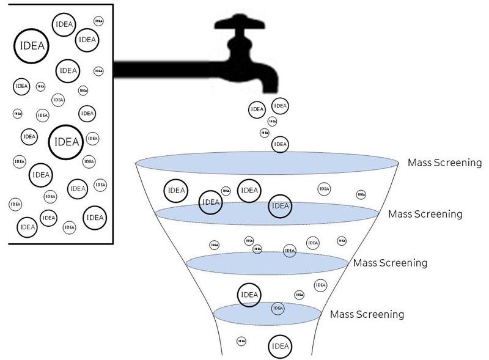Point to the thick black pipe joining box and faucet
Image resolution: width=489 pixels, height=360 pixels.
pyautogui.click(x=165, y=70)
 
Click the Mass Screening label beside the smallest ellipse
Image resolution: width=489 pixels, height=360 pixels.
pyautogui.click(x=367, y=315)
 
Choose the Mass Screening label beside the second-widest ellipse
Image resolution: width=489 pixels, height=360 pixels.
pyautogui.click(x=425, y=215)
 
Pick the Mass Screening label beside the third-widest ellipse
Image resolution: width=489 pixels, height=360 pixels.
pyautogui.click(x=389, y=263)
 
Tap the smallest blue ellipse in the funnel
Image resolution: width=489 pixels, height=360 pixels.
pyautogui.click(x=268, y=313)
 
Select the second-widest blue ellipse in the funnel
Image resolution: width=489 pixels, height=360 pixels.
pyautogui.click(x=267, y=212)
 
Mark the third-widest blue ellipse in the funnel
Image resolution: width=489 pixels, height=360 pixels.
pyautogui.click(x=268, y=263)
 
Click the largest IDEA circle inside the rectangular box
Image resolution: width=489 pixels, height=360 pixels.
pyautogui.click(x=66, y=142)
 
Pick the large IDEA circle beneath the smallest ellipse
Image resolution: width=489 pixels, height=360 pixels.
pyautogui.click(x=280, y=347)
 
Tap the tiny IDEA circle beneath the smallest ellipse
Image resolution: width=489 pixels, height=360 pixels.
pyautogui.click(x=241, y=341)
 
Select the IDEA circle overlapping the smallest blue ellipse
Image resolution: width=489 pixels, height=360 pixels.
pyautogui.click(x=278, y=308)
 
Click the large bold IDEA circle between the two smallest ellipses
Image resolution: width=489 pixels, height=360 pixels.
pyautogui.click(x=249, y=295)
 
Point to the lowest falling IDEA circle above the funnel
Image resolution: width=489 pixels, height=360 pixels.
pyautogui.click(x=280, y=144)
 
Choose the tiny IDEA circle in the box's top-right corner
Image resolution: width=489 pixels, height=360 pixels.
pyautogui.click(x=98, y=21)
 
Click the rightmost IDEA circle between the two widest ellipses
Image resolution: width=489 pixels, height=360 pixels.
pyautogui.click(x=361, y=194)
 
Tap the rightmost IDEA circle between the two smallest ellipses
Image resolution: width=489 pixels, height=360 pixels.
pyautogui.click(x=320, y=285)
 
